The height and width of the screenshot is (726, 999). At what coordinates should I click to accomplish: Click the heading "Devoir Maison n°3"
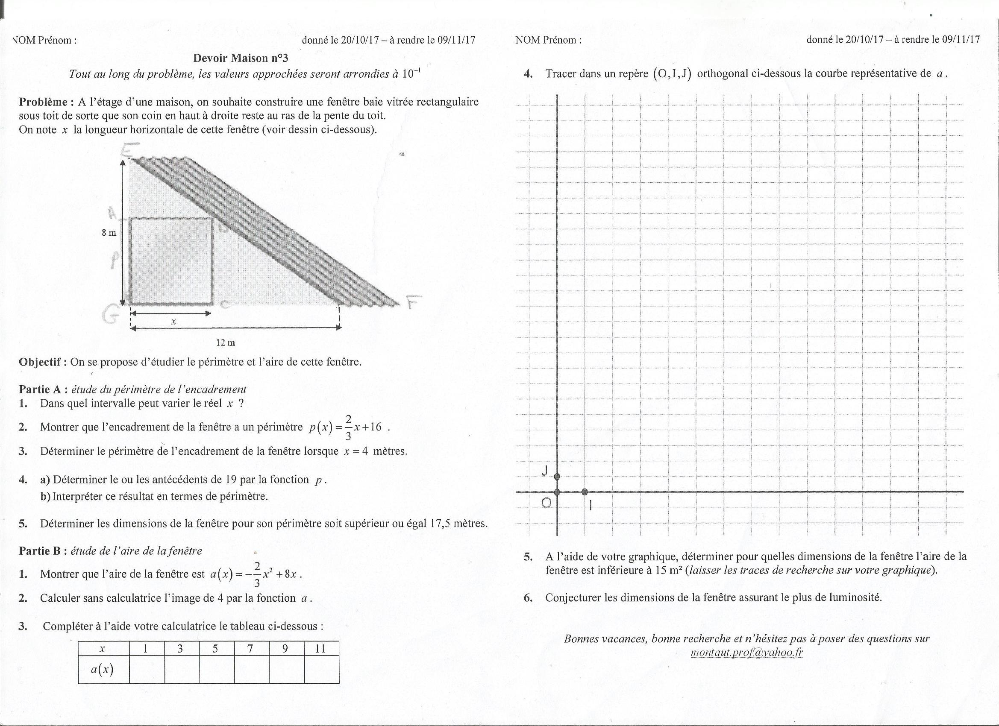click(x=241, y=58)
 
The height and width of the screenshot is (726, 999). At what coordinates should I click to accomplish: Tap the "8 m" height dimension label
click(x=109, y=233)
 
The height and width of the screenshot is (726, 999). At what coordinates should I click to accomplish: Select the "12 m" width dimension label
click(x=226, y=342)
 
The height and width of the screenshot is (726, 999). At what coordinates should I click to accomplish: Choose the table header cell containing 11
click(x=321, y=649)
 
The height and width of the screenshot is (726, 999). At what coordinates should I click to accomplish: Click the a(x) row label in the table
click(x=102, y=669)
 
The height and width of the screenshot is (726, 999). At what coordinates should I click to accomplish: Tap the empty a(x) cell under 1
click(x=147, y=669)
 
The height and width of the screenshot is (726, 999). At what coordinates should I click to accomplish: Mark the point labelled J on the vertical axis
click(x=557, y=476)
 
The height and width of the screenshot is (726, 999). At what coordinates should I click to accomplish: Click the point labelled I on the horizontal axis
click(x=585, y=492)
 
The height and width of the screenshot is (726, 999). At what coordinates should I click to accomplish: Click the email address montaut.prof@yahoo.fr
click(x=747, y=653)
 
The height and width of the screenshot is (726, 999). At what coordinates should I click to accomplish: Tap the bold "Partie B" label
click(x=40, y=551)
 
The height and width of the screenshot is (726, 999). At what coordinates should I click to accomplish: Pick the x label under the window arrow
click(x=173, y=322)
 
